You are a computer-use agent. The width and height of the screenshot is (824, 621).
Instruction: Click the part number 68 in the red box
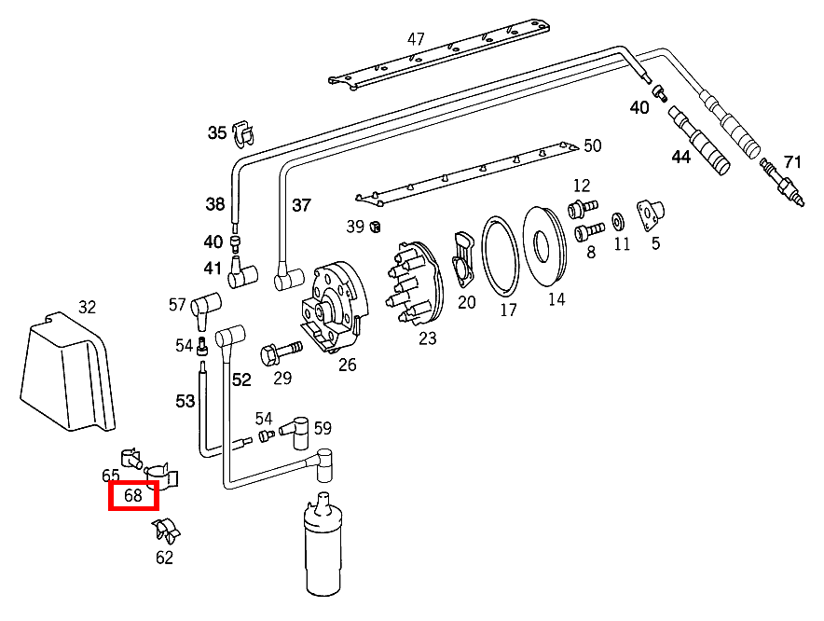[x=133, y=496]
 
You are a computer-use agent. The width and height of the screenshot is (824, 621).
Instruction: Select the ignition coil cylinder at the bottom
[x=325, y=556]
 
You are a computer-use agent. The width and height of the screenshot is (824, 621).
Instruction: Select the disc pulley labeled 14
[x=545, y=245]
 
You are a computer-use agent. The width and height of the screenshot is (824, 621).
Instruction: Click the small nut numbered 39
[x=376, y=227]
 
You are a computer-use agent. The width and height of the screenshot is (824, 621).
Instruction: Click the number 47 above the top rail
[x=416, y=39]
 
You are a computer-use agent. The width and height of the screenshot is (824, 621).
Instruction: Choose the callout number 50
[x=593, y=145]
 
